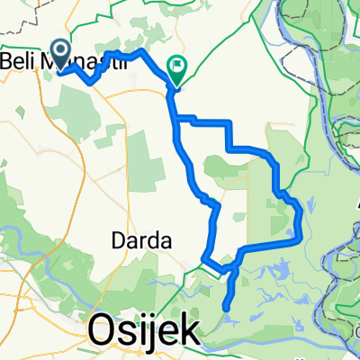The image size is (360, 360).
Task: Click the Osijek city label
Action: tap(145, 333)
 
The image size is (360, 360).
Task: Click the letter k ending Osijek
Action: tap(188, 333)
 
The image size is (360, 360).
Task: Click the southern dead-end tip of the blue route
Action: tap(225, 309)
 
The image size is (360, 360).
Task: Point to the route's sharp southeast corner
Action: tap(298, 240)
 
